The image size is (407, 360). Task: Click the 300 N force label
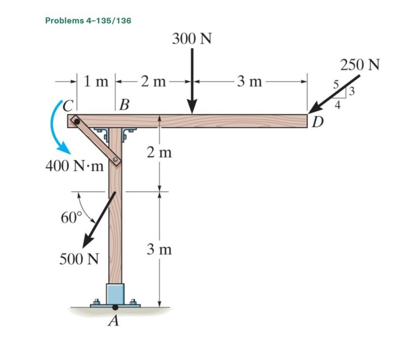click(x=192, y=38)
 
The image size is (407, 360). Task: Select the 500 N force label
click(x=80, y=259)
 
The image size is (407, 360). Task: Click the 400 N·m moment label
click(x=74, y=166)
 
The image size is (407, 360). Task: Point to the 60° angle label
click(x=70, y=218)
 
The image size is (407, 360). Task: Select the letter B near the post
click(x=124, y=104)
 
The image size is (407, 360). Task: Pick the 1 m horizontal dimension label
click(x=96, y=81)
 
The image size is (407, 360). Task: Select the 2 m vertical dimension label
click(x=159, y=153)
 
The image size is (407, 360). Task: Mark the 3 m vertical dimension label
click(x=159, y=250)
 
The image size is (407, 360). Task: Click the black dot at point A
click(x=115, y=307)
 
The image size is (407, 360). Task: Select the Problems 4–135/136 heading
click(x=88, y=20)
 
